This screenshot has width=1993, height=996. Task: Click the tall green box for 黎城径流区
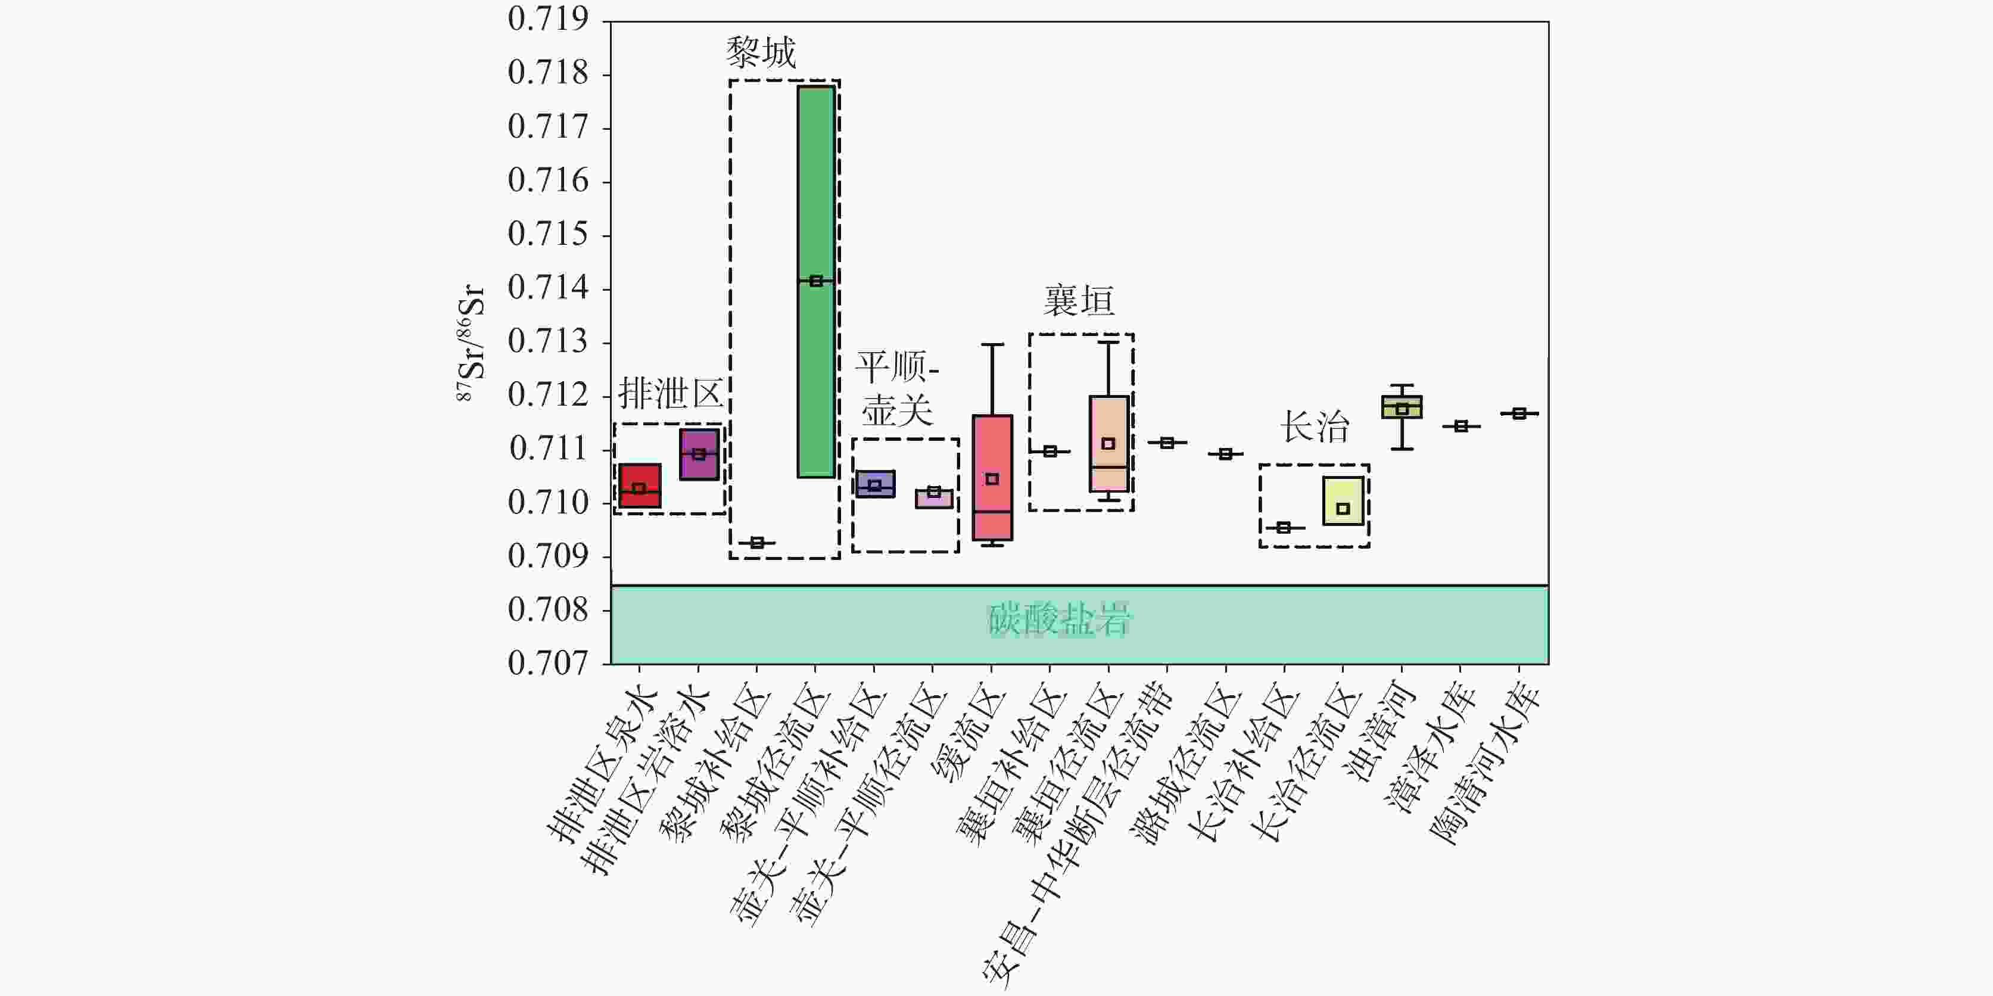tap(816, 194)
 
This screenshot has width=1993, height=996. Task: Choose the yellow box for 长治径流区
tap(1343, 495)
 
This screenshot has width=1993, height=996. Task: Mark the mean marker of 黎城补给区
tap(758, 543)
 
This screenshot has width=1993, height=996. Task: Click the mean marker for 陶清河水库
tap(1519, 413)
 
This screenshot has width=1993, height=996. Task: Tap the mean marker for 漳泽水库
tap(1461, 426)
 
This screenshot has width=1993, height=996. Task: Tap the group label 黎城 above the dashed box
tap(761, 52)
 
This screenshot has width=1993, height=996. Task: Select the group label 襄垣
tap(1079, 300)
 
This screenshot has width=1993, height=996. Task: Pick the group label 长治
tap(1315, 427)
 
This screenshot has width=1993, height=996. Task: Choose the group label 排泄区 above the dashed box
tap(670, 394)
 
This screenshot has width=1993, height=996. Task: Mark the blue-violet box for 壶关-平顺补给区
tap(875, 484)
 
